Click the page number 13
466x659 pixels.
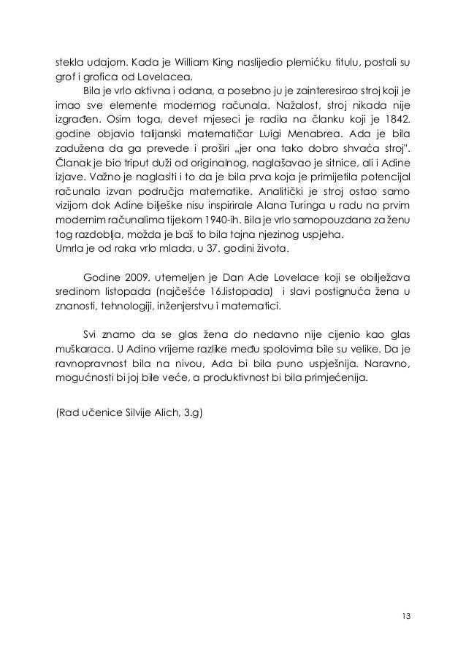click(405, 616)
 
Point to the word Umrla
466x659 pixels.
click(71, 250)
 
